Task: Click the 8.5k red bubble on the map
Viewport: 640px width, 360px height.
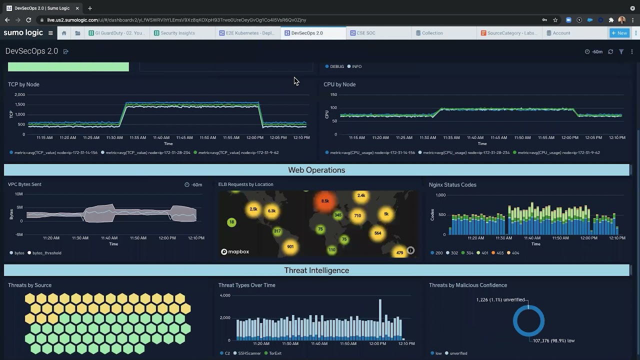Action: [325, 201]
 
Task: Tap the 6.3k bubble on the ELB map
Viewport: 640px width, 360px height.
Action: [271, 211]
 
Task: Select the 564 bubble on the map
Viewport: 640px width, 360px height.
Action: [377, 233]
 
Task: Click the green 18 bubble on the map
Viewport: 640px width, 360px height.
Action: [231, 222]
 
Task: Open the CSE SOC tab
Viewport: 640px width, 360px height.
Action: [365, 33]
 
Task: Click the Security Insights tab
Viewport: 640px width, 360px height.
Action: [177, 33]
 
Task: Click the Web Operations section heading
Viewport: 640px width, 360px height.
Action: [316, 170]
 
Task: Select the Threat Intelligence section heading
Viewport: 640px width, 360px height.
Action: [316, 270]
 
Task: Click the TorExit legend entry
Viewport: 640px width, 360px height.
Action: [275, 353]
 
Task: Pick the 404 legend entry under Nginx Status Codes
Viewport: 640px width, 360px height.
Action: [515, 253]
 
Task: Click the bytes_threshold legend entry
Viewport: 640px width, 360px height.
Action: [46, 253]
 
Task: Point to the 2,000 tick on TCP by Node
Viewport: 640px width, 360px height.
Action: [19, 94]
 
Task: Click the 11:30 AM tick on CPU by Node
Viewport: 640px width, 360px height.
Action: [427, 137]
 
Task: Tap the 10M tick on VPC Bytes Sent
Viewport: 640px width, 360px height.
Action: [18, 194]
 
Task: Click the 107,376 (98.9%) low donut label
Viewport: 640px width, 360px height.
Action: [553, 340]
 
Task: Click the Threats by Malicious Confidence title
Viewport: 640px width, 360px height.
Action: [467, 285]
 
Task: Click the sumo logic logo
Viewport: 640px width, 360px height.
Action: [23, 33]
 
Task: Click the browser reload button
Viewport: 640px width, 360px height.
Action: [28, 20]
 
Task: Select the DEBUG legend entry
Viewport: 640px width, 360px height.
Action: [336, 66]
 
